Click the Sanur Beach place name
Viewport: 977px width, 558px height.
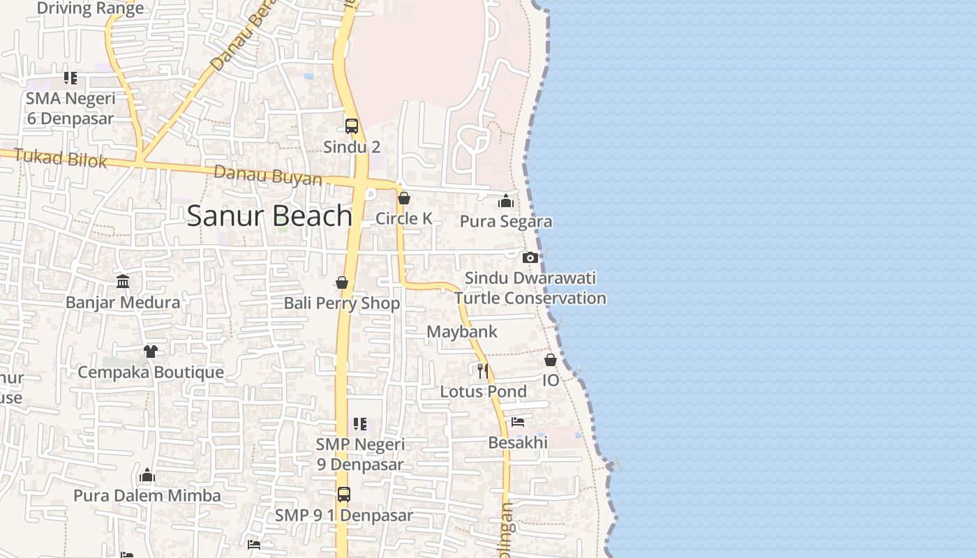click(x=269, y=216)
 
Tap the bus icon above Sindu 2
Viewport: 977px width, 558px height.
click(x=352, y=126)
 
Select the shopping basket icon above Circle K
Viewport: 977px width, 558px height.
click(x=403, y=198)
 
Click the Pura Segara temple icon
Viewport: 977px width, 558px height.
click(x=506, y=202)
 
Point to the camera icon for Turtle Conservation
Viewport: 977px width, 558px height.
click(x=530, y=257)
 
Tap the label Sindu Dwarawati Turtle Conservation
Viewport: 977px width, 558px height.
click(x=530, y=288)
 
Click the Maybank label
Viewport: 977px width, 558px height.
click(x=462, y=331)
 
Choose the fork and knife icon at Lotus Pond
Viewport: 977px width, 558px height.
click(x=482, y=370)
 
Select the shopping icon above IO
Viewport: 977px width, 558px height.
click(x=551, y=360)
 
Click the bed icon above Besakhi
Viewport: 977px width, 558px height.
click(x=518, y=422)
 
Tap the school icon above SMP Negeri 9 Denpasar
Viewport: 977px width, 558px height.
click(x=360, y=423)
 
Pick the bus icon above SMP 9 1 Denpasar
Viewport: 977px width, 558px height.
click(x=344, y=495)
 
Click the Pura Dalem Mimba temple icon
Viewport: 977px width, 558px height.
click(x=147, y=476)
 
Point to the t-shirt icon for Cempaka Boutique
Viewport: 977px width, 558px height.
click(x=151, y=351)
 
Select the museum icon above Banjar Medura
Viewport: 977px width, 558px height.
click(x=123, y=281)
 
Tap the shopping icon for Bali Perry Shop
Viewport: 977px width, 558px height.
click(x=342, y=282)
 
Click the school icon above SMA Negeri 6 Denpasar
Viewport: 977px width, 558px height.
click(x=70, y=78)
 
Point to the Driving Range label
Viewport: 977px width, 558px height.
click(x=90, y=8)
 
